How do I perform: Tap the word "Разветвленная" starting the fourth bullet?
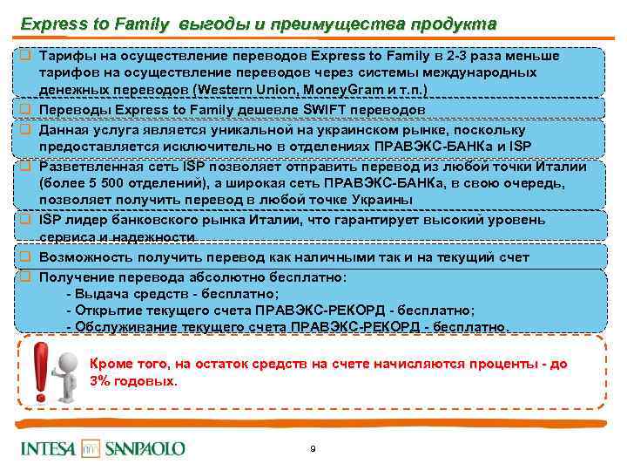click(x=88, y=166)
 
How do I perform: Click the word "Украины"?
click(x=376, y=201)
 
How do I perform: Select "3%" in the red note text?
click(x=102, y=381)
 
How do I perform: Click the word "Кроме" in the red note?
click(x=111, y=363)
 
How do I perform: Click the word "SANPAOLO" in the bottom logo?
click(x=145, y=448)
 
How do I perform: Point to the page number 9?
click(x=313, y=449)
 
